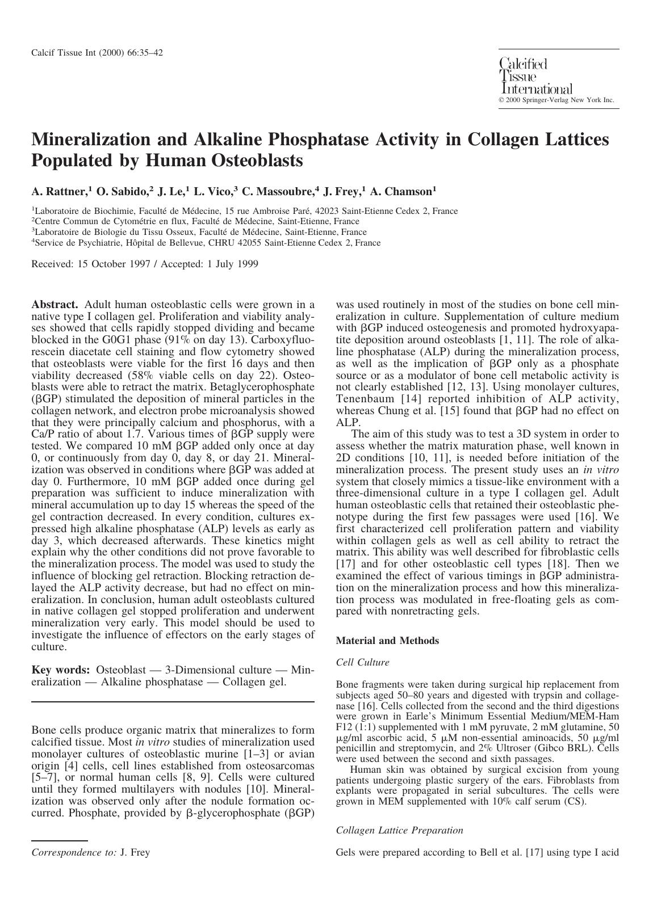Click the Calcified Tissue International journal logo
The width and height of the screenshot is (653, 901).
[x=535, y=75]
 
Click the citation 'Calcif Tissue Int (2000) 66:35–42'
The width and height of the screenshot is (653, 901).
[x=97, y=53]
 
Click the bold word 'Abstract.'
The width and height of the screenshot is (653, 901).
[x=55, y=305]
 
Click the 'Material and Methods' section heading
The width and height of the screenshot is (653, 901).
[x=387, y=641]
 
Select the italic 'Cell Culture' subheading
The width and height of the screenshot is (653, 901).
[x=362, y=662]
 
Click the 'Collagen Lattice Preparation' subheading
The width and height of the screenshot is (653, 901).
[x=399, y=830]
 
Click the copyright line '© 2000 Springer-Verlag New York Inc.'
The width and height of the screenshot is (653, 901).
[x=556, y=100]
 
